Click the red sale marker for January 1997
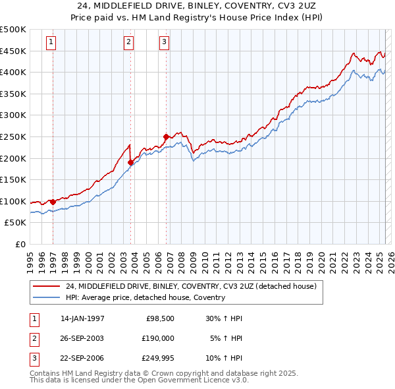tap(53, 202)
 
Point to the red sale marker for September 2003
tap(131, 162)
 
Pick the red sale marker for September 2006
tap(166, 136)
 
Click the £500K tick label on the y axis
tap(13, 30)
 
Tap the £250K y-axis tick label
tap(13, 136)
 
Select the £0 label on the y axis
tap(20, 244)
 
